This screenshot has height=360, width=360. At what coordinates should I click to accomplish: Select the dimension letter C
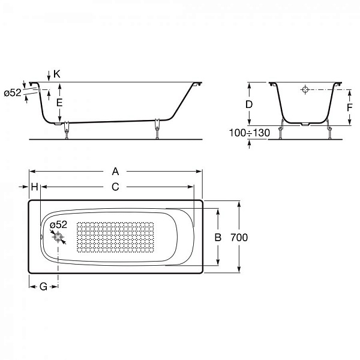[x=115, y=187]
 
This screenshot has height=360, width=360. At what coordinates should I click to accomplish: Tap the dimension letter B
[x=219, y=237]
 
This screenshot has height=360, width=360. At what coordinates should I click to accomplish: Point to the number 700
[x=239, y=237]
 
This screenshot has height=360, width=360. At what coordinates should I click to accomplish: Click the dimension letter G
[x=43, y=287]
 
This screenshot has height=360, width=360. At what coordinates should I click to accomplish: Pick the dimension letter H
[x=35, y=187]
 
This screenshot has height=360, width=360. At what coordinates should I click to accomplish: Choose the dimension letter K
[x=56, y=74]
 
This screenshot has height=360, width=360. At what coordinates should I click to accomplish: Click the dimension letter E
[x=59, y=103]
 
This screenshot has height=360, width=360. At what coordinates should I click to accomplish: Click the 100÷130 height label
[x=250, y=132]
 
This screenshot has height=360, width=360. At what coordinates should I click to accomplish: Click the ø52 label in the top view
[x=59, y=225]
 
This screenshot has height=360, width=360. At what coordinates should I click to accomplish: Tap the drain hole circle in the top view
[x=58, y=238]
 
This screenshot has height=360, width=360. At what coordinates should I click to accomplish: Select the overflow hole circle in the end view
[x=305, y=91]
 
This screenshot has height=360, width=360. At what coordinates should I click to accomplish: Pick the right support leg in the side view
[x=157, y=128]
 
